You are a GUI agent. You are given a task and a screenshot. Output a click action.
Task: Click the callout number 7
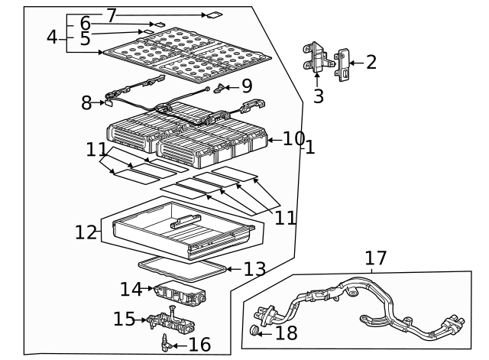[x=112, y=15]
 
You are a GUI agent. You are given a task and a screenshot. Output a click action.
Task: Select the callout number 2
[x=371, y=63]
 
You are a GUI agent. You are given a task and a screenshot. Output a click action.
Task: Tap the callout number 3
[x=318, y=96]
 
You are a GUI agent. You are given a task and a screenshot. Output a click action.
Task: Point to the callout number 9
[x=245, y=87]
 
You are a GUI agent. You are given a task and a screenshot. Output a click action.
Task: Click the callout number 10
[x=293, y=139]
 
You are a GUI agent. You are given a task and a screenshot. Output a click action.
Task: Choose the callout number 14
[x=130, y=289]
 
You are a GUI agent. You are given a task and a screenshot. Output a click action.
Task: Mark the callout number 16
[x=199, y=345]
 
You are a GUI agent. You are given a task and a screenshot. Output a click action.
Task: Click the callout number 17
[x=375, y=258]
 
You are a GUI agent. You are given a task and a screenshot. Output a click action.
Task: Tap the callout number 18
[x=286, y=332]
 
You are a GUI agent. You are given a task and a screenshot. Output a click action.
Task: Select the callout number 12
[x=86, y=232]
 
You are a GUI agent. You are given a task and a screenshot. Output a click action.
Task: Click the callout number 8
[x=86, y=102]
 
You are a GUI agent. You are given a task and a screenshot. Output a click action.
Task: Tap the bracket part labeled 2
[x=343, y=64]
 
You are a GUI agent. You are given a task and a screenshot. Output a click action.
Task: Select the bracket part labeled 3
[x=316, y=58]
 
